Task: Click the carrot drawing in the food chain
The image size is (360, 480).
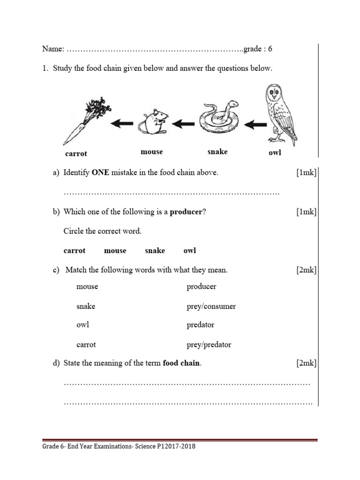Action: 83,121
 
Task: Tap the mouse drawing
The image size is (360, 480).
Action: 152,123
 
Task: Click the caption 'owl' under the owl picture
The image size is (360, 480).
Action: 275,153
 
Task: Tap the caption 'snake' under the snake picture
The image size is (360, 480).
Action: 217,151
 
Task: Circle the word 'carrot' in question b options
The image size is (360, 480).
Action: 75,251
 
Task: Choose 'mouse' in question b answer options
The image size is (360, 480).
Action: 115,251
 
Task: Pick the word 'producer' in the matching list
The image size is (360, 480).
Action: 202,286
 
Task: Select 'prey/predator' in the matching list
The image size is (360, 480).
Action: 209,345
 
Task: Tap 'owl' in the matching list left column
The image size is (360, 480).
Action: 83,325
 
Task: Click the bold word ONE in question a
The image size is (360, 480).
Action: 100,172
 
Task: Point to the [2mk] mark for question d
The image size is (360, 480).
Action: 307,363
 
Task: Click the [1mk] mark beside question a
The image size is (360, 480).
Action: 307,172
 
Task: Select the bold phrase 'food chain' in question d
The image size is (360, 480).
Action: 182,363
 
